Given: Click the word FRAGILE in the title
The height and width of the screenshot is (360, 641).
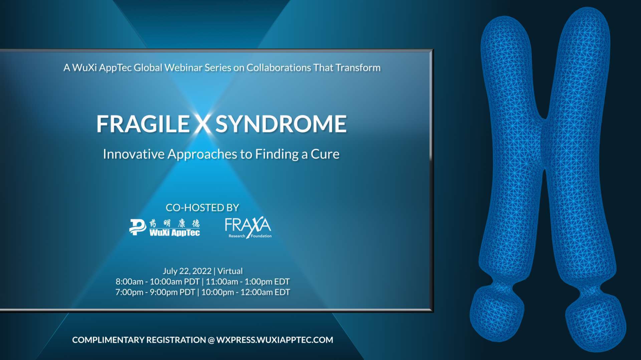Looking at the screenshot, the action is (x=143, y=124).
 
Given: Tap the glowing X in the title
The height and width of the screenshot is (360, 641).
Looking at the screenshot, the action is (x=202, y=124).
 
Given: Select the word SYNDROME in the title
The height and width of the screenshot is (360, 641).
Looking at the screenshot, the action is (x=281, y=124).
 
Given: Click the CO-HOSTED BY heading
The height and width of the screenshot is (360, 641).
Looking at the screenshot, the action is (x=202, y=208).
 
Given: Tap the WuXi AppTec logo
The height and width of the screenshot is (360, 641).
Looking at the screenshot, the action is (x=165, y=228).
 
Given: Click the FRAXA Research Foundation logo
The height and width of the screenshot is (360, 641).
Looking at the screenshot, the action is (x=248, y=228).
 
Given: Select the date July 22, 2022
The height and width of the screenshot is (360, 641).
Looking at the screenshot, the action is (x=187, y=271).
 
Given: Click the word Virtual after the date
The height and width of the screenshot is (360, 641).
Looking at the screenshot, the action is (x=230, y=271).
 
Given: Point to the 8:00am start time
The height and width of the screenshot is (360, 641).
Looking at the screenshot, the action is (x=129, y=282).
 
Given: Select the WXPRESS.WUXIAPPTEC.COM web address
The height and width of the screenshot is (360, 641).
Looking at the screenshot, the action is (x=274, y=340).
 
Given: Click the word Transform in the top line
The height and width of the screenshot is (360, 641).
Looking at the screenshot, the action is (x=358, y=68).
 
